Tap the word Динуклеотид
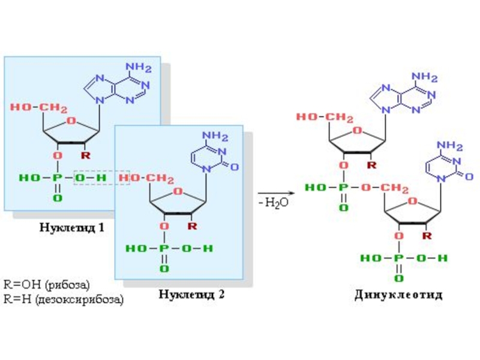tap(398, 295)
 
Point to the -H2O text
tap(274, 203)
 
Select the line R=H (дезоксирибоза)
tap(64, 298)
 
